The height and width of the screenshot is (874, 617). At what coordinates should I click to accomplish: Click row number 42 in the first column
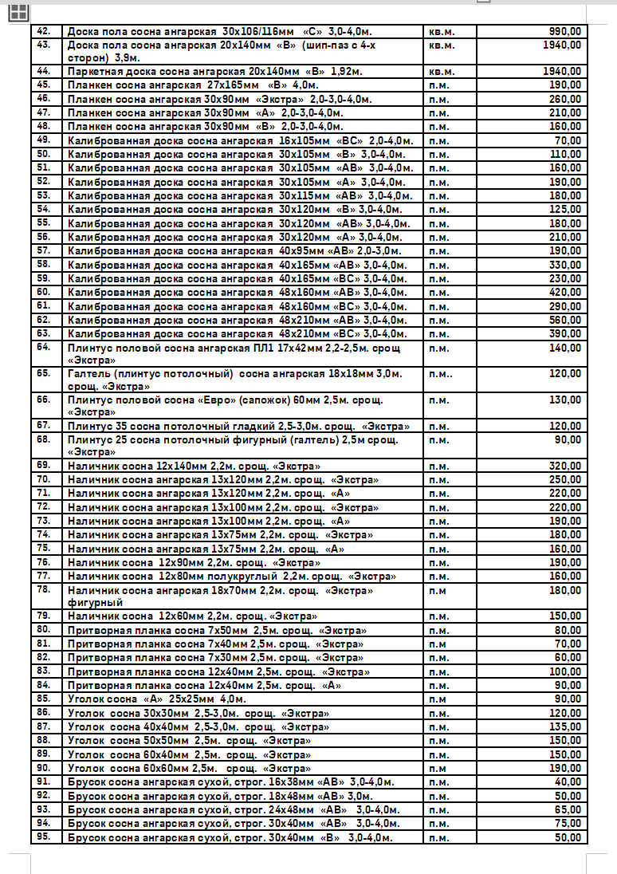45,31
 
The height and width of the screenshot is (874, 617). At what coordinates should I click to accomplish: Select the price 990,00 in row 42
565,31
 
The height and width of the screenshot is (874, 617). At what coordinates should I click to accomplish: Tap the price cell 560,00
565,320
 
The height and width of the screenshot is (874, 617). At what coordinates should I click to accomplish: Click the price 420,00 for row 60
565,293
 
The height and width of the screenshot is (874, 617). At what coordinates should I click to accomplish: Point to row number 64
45,348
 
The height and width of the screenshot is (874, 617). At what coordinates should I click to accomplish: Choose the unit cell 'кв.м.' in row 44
442,72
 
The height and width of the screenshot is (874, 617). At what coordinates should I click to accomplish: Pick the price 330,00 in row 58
565,265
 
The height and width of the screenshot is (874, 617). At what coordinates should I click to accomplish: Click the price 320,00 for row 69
565,466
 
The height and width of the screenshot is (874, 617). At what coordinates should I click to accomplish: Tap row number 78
45,590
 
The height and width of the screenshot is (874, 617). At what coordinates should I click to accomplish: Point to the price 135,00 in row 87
565,727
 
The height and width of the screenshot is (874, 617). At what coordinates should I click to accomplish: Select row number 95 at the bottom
45,837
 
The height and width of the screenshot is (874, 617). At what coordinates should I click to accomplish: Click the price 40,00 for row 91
568,782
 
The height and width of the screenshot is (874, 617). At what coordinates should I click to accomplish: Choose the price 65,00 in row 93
568,809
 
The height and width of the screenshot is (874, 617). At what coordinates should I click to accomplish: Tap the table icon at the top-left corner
18,11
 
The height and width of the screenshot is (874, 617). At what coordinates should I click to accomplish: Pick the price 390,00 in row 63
565,333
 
